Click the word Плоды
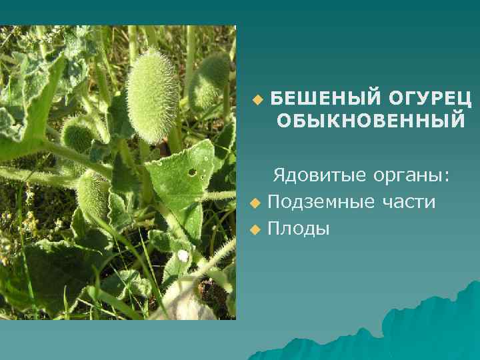pos(298,229)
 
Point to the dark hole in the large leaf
pos(192,172)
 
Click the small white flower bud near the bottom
pos(183,255)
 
